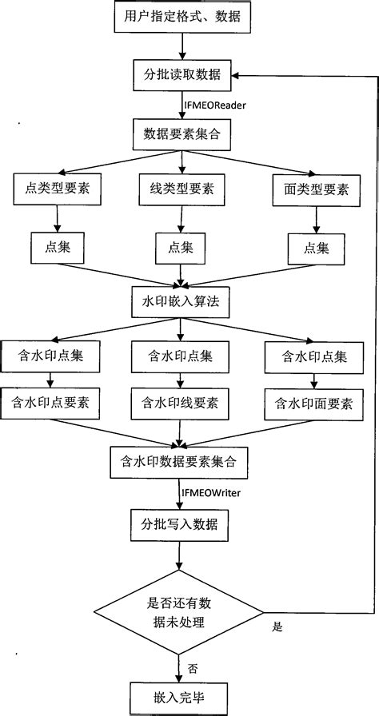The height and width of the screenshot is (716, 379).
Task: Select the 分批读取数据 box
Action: [x=182, y=77]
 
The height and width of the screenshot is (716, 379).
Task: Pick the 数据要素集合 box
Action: [x=182, y=134]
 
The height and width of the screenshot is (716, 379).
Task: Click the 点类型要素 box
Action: [x=54, y=189]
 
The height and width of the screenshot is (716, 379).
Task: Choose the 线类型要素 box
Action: [x=182, y=189]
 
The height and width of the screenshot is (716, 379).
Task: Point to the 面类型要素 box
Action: [x=310, y=189]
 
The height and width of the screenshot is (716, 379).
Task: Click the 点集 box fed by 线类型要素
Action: [x=182, y=247]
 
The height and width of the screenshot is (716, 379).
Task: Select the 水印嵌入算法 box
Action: [x=182, y=303]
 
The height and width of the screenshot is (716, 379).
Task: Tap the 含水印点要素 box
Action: [x=50, y=403]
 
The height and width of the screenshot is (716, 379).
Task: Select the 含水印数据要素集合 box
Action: [x=180, y=462]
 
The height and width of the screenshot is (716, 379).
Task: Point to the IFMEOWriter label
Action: [x=212, y=491]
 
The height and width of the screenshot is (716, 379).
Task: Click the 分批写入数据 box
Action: [x=182, y=525]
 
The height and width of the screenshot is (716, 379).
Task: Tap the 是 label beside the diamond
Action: [x=277, y=627]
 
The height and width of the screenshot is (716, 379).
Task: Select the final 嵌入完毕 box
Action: [x=182, y=696]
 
